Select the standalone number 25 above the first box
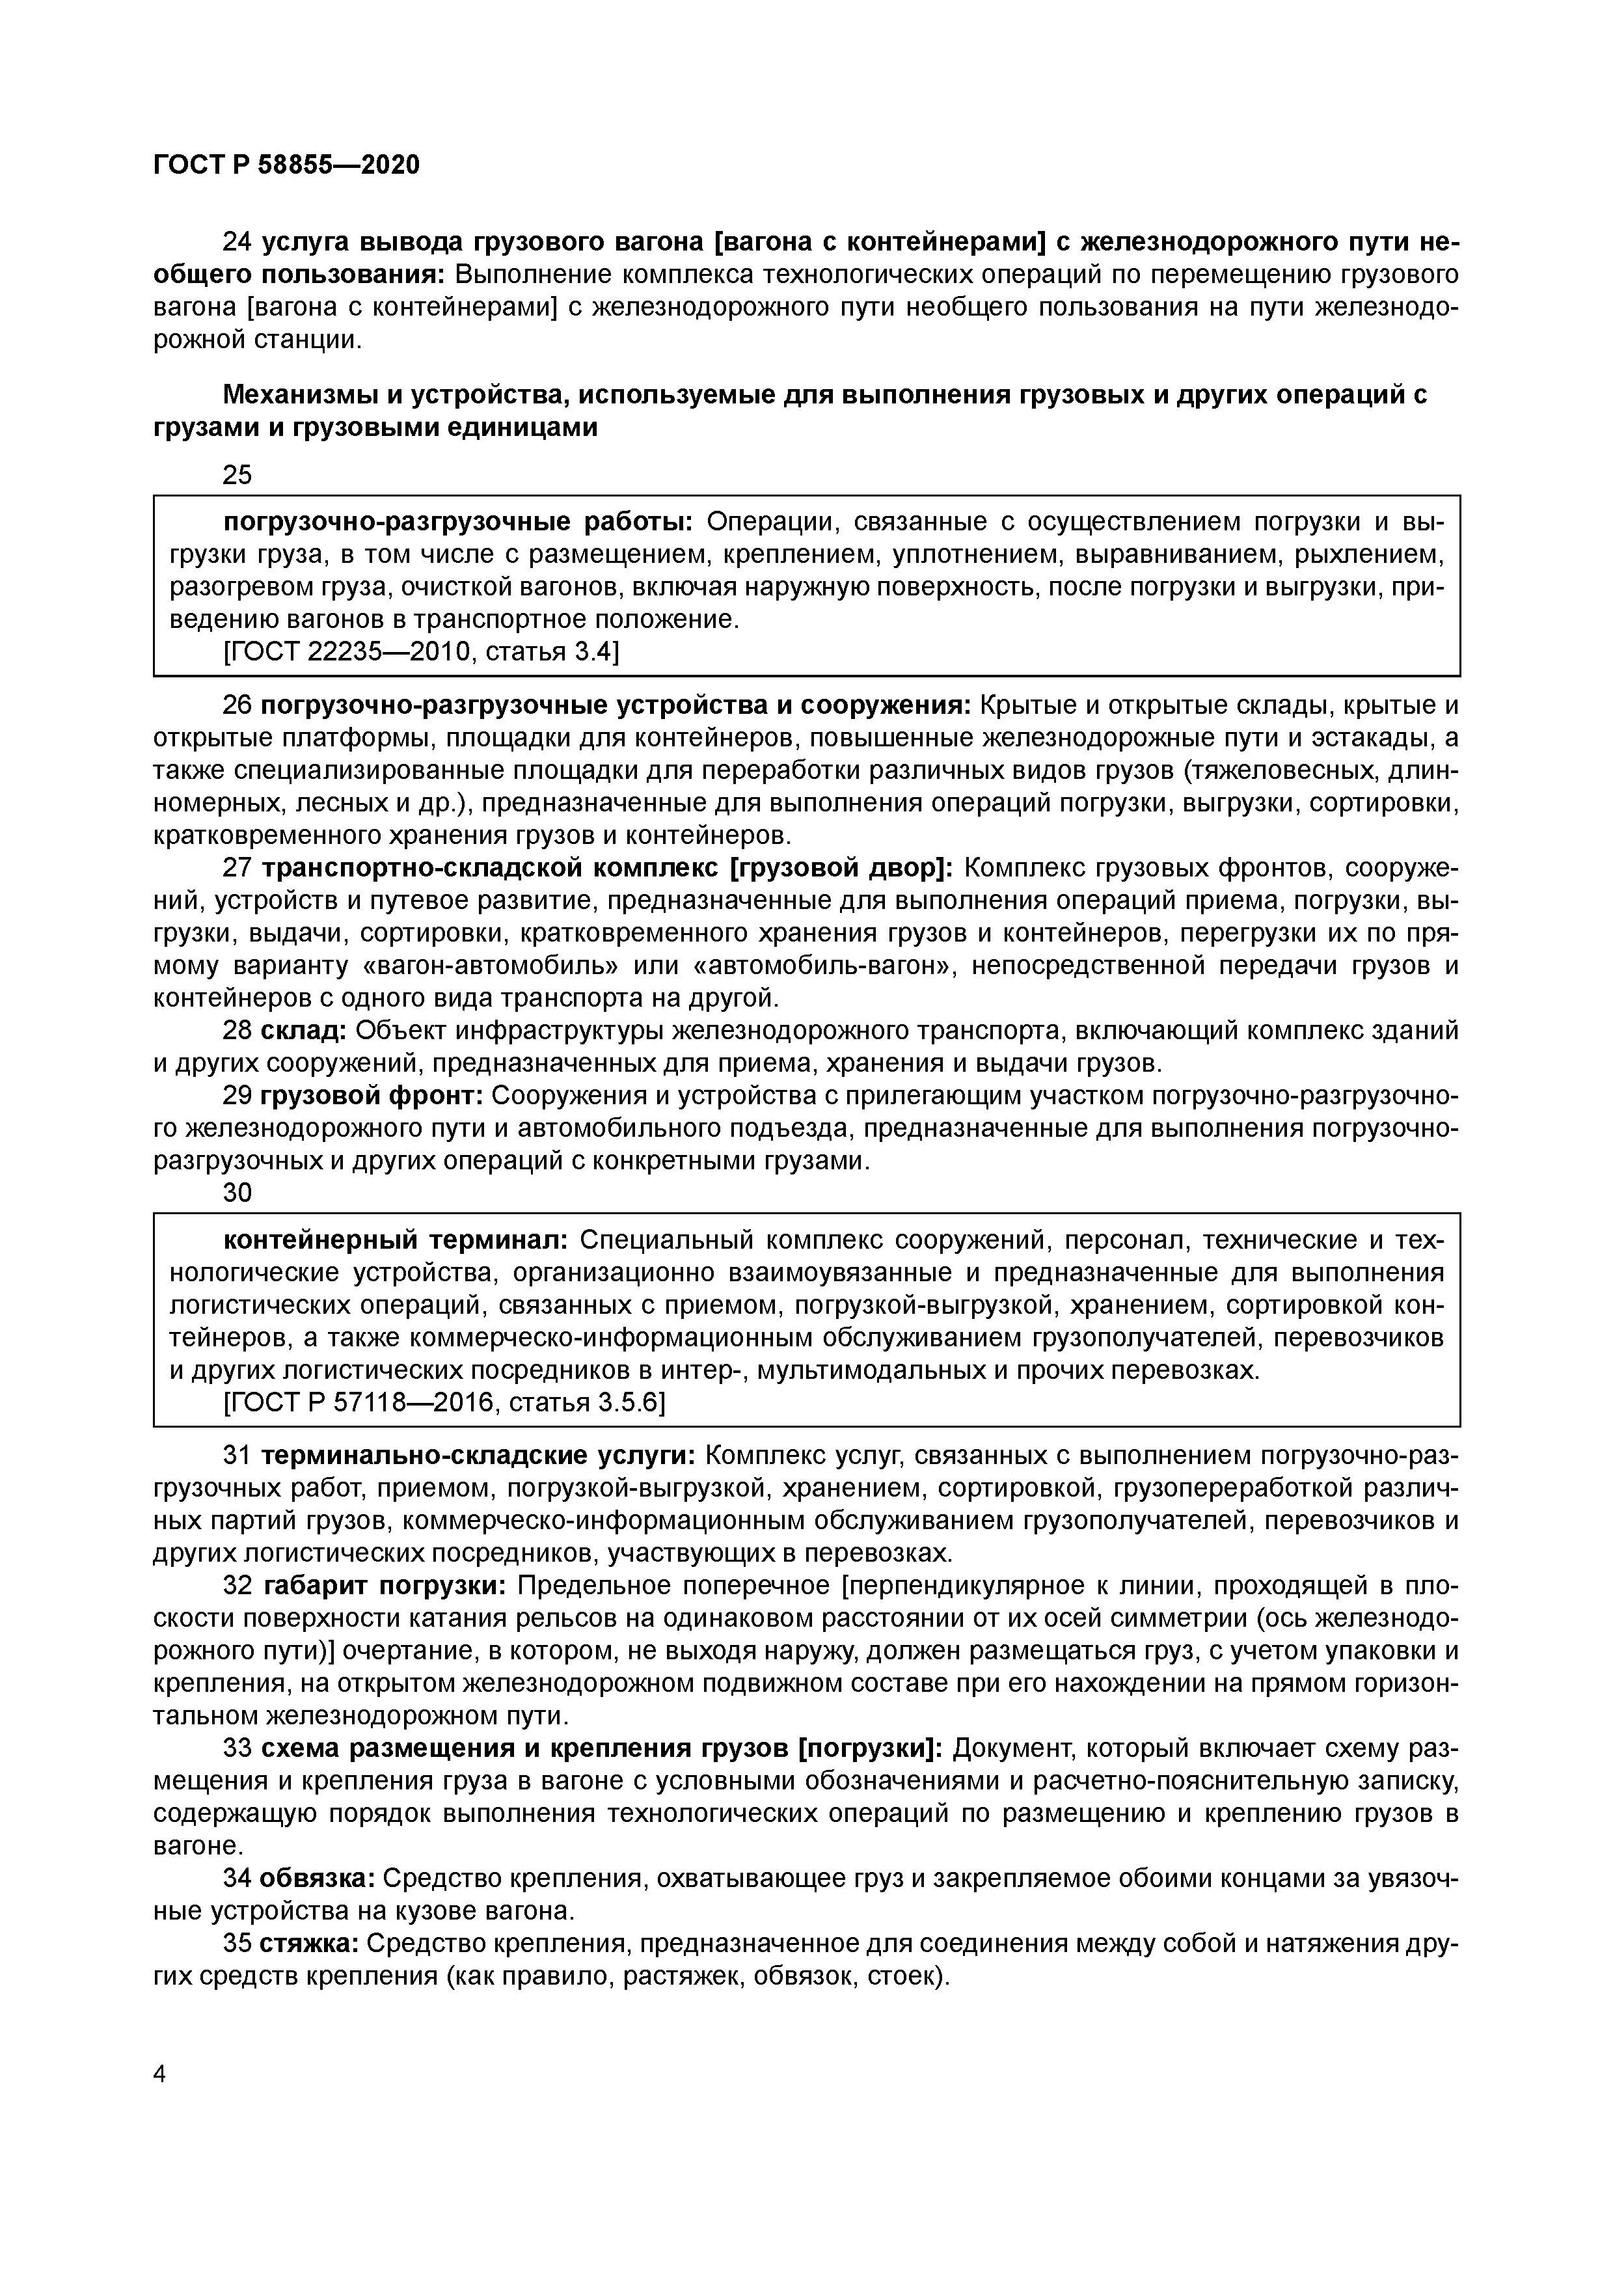[237, 475]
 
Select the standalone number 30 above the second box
[237, 1193]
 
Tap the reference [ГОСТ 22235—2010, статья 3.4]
[422, 652]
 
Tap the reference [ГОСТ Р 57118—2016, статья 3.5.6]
[445, 1402]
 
